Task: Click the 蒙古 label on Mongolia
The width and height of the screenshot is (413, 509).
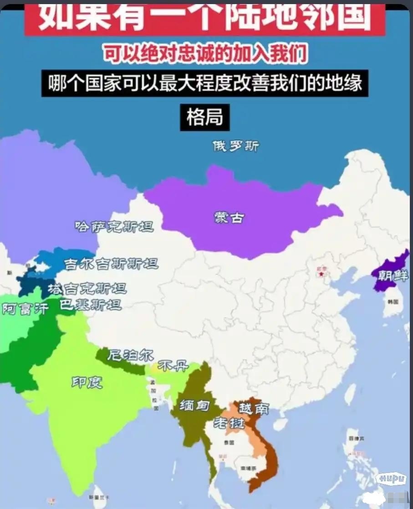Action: (x=229, y=218)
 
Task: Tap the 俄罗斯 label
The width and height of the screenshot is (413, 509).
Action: (x=236, y=146)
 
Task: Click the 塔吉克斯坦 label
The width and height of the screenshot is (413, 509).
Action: (x=87, y=288)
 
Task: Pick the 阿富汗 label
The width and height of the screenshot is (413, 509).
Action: (x=25, y=309)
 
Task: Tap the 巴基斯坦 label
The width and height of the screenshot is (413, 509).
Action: (x=91, y=305)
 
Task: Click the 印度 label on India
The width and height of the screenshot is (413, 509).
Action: (x=87, y=382)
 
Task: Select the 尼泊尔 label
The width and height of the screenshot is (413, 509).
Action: (x=130, y=356)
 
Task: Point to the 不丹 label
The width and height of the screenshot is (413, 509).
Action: (x=172, y=365)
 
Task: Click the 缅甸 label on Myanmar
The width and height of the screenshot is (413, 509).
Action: (x=194, y=405)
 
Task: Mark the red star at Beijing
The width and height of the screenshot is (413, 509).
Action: (x=322, y=275)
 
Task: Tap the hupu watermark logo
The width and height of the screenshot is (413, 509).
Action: (x=391, y=478)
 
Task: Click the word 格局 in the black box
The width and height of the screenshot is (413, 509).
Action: (x=204, y=117)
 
